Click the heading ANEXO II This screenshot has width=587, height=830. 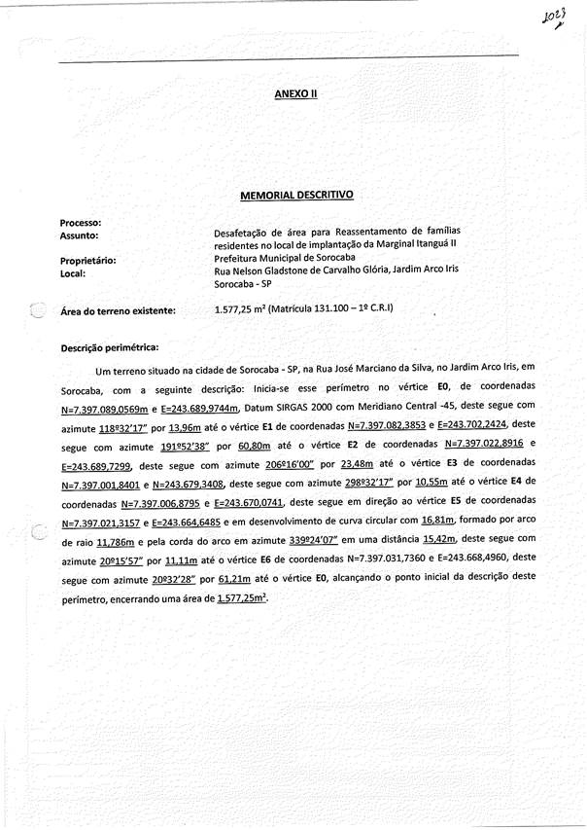pyautogui.click(x=296, y=94)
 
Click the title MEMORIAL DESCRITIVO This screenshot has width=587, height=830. pyautogui.click(x=296, y=195)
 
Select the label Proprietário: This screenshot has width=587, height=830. pyautogui.click(x=88, y=261)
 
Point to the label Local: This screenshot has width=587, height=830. pyautogui.click(x=74, y=273)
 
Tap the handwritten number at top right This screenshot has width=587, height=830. pyautogui.click(x=554, y=20)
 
